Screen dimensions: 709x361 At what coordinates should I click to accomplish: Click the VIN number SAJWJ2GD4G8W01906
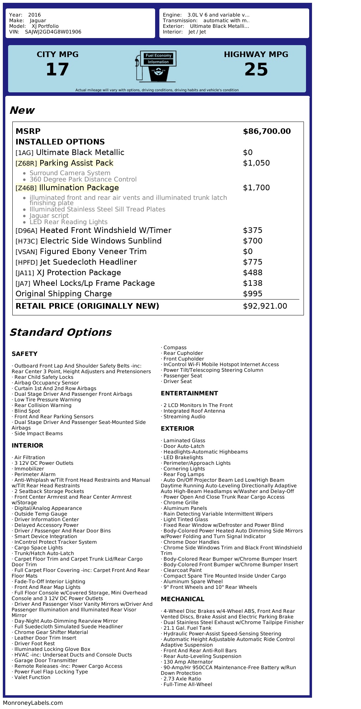(53, 32)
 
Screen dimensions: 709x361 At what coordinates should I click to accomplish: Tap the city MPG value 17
(57, 69)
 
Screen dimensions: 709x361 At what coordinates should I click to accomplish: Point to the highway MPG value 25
(256, 69)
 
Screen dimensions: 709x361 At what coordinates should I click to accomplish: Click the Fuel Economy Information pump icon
(155, 66)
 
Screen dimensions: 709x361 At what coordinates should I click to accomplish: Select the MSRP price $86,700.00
(267, 131)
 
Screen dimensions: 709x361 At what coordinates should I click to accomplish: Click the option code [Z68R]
(26, 164)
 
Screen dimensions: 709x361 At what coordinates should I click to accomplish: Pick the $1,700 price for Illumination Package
(256, 188)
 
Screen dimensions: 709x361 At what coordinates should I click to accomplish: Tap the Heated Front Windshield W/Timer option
(105, 230)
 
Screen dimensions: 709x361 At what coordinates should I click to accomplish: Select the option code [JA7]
(23, 284)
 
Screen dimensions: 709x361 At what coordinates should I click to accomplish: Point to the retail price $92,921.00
(265, 306)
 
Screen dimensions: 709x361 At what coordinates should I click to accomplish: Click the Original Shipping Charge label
(64, 294)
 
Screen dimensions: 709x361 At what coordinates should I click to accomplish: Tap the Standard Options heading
(61, 332)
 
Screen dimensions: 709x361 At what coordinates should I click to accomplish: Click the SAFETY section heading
(24, 354)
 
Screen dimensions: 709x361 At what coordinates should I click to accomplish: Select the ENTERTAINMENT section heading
(189, 393)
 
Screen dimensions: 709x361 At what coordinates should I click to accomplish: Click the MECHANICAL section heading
(182, 599)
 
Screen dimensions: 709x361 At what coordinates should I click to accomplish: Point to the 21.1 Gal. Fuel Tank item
(187, 628)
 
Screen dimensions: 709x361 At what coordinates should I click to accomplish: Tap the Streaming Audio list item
(184, 417)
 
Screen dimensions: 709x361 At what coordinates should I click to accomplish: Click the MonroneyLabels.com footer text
(33, 703)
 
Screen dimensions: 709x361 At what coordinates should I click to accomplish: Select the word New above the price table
(22, 110)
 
